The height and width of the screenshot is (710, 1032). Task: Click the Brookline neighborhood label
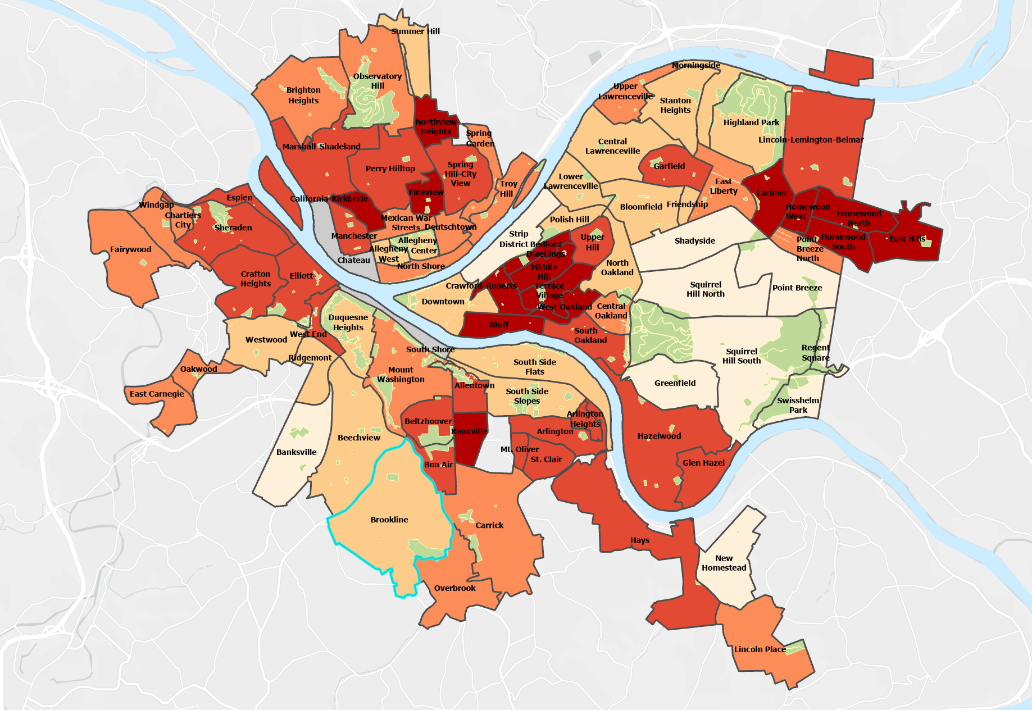click(389, 520)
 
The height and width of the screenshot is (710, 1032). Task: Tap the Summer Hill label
click(415, 31)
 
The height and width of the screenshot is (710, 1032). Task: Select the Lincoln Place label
click(760, 649)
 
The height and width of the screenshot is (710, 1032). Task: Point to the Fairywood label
click(130, 249)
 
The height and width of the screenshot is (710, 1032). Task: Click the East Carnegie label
click(157, 394)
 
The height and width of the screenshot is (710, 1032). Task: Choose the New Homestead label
click(724, 563)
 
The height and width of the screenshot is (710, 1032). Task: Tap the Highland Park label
click(751, 122)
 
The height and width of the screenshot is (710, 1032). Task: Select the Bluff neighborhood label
click(499, 325)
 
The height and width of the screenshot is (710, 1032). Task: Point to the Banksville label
click(296, 452)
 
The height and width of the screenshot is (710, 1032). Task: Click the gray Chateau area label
click(353, 260)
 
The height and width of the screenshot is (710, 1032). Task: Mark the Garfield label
click(669, 166)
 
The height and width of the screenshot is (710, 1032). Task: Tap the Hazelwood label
click(659, 436)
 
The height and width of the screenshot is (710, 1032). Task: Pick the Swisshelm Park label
click(798, 405)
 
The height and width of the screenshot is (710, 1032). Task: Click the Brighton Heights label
click(303, 95)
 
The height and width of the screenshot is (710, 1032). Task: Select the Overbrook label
click(454, 588)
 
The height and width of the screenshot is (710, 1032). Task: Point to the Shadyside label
click(694, 241)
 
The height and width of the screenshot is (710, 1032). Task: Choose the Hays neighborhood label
click(639, 540)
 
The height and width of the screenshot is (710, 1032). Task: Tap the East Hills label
click(907, 239)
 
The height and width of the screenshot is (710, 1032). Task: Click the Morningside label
click(695, 66)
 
